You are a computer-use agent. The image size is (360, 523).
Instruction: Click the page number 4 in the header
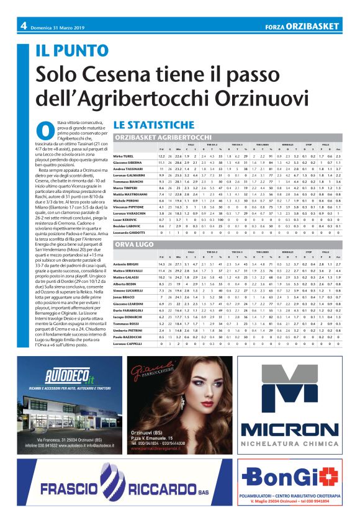[23, 25]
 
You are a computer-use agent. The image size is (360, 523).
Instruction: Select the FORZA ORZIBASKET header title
[302, 26]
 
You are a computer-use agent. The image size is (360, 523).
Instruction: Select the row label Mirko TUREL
[124, 156]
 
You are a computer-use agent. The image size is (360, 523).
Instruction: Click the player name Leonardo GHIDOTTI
[128, 233]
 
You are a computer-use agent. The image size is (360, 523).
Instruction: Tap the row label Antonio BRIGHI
[125, 264]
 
